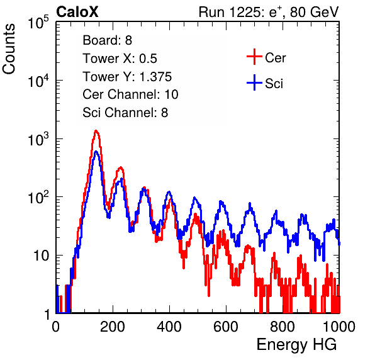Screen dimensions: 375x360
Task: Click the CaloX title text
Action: coord(77,12)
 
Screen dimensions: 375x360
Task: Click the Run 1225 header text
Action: coord(269,12)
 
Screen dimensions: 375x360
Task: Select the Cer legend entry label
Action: coord(275,58)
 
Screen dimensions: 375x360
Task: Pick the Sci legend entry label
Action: coord(274,84)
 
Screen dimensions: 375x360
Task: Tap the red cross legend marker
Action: coord(254,57)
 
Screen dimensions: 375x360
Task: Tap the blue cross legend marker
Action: coord(254,83)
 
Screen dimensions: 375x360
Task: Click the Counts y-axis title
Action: coord(9,49)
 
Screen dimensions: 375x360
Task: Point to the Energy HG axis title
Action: coord(297,345)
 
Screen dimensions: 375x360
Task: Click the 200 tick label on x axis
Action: coord(113,327)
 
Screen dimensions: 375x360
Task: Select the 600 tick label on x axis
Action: coord(226,327)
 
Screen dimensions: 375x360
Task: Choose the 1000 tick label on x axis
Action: coord(339,327)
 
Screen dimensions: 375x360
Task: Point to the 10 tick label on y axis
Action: coord(42,256)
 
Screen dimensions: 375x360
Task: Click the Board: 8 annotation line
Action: coord(108,40)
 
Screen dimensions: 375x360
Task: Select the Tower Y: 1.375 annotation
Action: coord(127,77)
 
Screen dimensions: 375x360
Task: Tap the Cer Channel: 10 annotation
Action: coord(130,94)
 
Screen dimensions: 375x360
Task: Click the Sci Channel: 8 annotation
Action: coord(125,113)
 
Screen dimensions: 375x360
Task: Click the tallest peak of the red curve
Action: coord(96,131)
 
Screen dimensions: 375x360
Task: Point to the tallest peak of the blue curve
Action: coord(96,152)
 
